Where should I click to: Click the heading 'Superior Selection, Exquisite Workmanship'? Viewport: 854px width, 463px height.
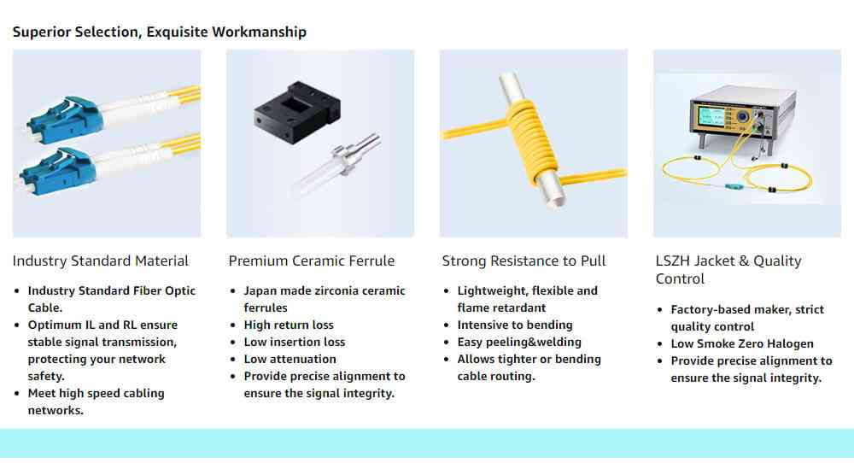click(160, 32)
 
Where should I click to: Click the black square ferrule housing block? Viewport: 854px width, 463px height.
click(297, 112)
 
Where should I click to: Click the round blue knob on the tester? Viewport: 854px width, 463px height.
click(741, 116)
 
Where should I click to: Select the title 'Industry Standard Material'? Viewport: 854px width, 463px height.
click(100, 261)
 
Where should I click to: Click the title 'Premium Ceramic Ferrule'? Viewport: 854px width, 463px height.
click(312, 261)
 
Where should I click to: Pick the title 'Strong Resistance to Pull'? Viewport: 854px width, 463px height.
click(524, 261)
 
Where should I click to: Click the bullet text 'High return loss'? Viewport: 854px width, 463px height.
click(289, 325)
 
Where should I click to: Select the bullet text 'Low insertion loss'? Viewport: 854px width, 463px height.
click(295, 342)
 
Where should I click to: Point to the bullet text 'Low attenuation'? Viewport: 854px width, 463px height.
click(290, 359)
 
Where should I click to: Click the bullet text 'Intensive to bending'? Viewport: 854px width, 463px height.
click(515, 325)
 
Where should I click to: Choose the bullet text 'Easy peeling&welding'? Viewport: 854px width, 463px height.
click(519, 342)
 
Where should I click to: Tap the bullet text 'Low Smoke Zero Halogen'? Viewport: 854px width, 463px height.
click(742, 343)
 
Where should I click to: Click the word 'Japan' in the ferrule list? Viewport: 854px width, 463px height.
click(260, 291)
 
